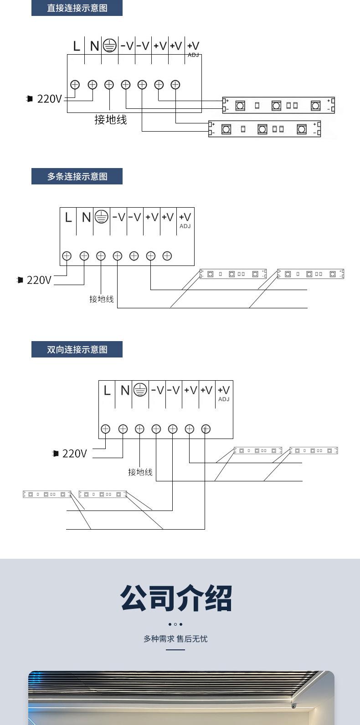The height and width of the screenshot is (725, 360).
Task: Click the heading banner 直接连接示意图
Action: click(77, 8)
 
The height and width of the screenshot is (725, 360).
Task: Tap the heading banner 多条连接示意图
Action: click(77, 176)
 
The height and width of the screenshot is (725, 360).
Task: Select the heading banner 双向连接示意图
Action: click(77, 349)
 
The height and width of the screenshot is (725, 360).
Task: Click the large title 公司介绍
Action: click(176, 598)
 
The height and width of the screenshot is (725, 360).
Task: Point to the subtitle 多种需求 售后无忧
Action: click(175, 639)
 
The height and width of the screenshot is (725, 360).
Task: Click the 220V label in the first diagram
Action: click(49, 99)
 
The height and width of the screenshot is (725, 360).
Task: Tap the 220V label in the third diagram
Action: click(74, 454)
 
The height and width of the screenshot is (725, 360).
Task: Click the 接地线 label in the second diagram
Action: click(101, 299)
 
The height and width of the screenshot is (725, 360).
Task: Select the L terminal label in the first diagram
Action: click(76, 46)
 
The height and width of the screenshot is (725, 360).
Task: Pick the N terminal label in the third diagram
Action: click(125, 390)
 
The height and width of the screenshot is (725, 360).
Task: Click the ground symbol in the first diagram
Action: click(109, 46)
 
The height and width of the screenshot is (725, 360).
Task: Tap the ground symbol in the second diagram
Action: click(101, 217)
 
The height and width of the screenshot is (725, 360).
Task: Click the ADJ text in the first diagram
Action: click(193, 55)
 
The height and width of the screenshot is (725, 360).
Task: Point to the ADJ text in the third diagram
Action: click(224, 399)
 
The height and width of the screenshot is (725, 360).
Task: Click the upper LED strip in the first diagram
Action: click(278, 106)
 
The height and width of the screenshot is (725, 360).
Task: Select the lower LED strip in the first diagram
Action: click(264, 129)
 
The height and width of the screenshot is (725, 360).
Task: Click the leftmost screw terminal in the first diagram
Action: click(75, 84)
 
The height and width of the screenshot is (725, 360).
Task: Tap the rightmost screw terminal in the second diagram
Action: click(167, 256)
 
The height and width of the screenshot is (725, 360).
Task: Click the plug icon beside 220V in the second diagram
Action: click(20, 280)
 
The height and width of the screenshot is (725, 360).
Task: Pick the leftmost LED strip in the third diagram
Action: click(47, 494)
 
